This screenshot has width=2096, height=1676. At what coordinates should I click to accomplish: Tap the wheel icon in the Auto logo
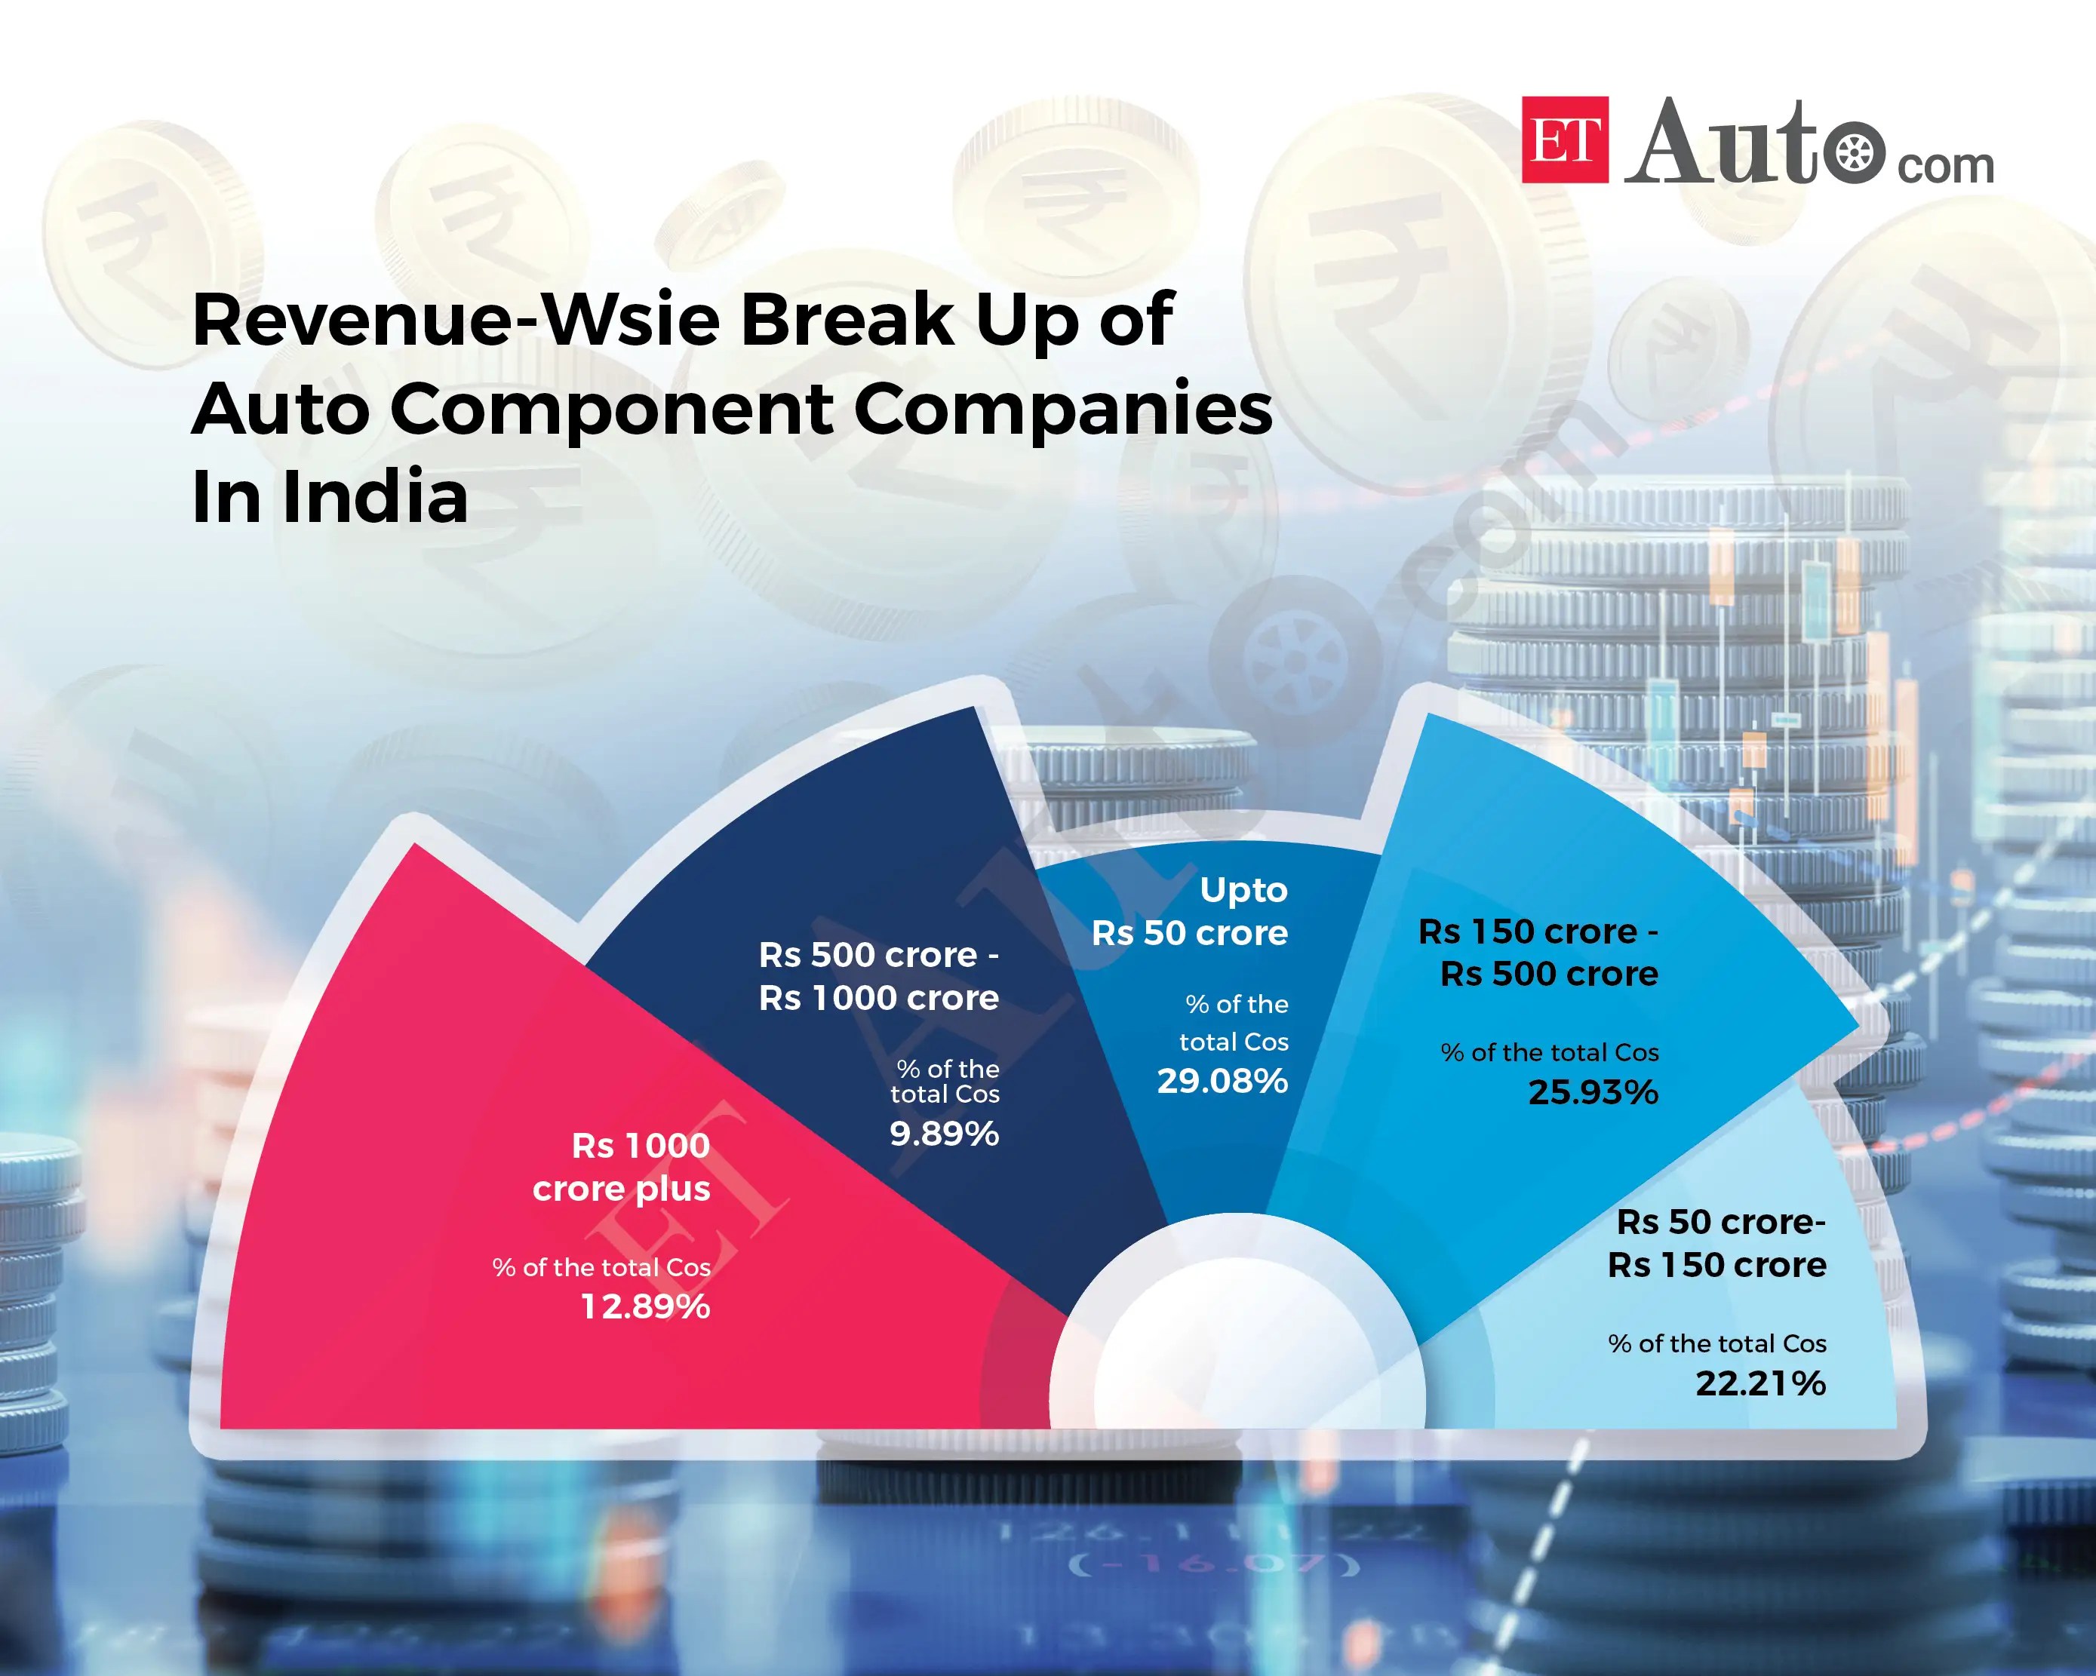(1855, 154)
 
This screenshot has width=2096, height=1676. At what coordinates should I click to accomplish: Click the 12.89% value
(646, 1306)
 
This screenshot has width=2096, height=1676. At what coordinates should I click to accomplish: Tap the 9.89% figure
(944, 1134)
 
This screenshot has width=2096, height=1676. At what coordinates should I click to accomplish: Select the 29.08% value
(1222, 1081)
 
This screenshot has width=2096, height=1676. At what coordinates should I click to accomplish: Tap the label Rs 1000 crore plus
(622, 1167)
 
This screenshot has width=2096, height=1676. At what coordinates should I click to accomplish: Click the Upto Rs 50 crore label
(1191, 911)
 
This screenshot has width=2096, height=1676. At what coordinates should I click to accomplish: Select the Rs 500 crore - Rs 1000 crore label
(879, 976)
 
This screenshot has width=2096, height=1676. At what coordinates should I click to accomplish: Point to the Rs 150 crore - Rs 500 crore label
(1540, 952)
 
